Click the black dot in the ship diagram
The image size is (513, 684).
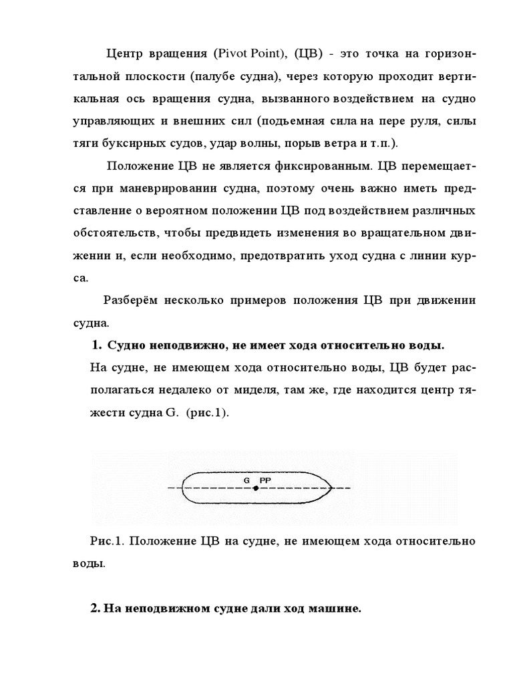point(255,489)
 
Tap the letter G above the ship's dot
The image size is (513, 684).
point(246,480)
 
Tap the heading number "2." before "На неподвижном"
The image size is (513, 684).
point(95,610)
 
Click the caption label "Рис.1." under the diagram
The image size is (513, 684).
point(105,541)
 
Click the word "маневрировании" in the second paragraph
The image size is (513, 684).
point(176,188)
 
